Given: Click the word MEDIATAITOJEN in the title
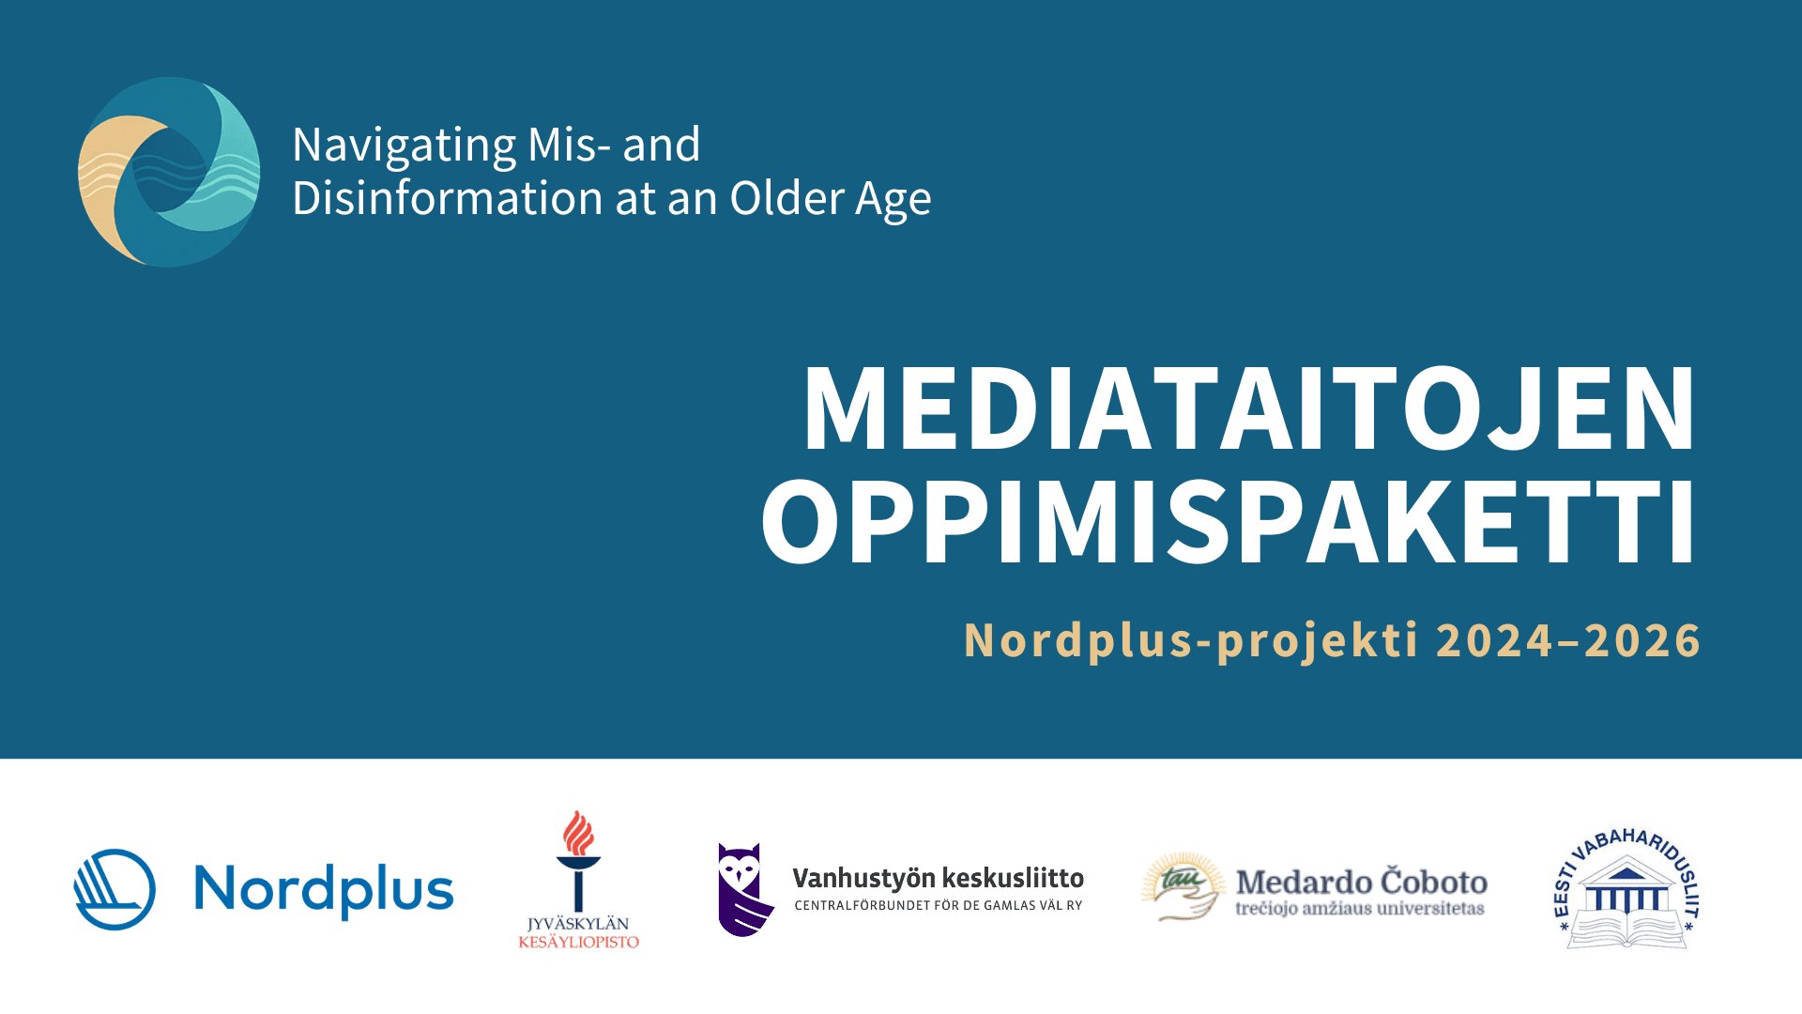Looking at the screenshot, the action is (x=1249, y=408).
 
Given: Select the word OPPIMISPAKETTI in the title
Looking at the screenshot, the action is (x=1229, y=521).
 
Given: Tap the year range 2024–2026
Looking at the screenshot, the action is (x=1568, y=640).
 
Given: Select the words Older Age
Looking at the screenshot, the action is (x=831, y=200).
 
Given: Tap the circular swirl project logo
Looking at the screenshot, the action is (x=169, y=172).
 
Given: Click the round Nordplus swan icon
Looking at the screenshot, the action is (x=115, y=889).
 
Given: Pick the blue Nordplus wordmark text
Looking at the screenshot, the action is (x=324, y=891).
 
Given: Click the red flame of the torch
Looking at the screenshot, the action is (x=578, y=833).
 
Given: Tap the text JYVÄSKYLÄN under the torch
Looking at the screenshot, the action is (x=578, y=924).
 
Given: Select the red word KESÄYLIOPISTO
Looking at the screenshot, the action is (x=578, y=942).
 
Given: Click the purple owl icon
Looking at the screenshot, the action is (x=744, y=889).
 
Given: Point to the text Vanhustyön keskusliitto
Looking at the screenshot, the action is (x=938, y=879).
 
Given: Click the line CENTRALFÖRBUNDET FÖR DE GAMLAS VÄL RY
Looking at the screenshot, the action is (x=939, y=906).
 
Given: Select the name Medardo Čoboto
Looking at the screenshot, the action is (x=1362, y=882).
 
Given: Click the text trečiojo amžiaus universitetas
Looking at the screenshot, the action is (x=1360, y=908).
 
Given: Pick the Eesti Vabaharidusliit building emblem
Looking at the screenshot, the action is (x=1627, y=889).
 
